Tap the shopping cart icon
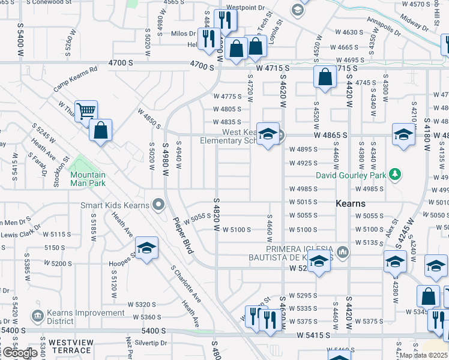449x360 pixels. pyautogui.click(x=86, y=111)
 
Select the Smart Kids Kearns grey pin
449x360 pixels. pyautogui.click(x=158, y=205)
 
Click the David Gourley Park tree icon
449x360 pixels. pyautogui.click(x=395, y=175)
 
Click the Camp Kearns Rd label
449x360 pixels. pyautogui.click(x=75, y=79)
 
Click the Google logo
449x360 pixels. pyautogui.click(x=19, y=353)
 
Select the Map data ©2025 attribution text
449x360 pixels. pyautogui.click(x=423, y=355)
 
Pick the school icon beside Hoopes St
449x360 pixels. pyautogui.click(x=146, y=248)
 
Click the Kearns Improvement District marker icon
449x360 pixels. pyautogui.click(x=37, y=315)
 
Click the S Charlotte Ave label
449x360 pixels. pyautogui.click(x=185, y=284)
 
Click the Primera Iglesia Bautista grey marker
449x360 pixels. pyautogui.click(x=342, y=251)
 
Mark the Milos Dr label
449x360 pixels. pyautogui.click(x=184, y=34)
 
